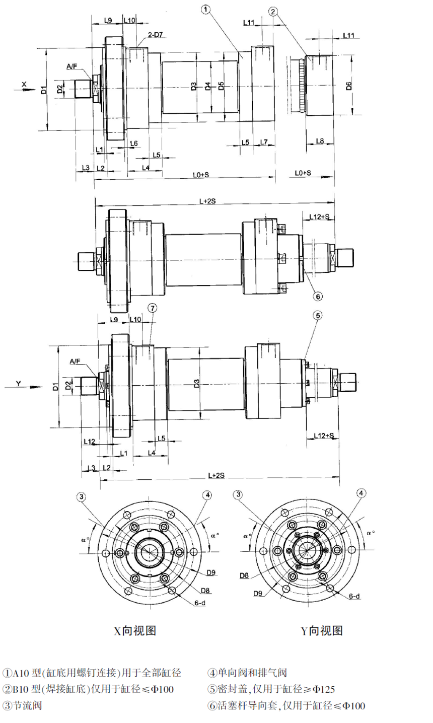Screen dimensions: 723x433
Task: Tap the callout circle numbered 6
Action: (x=318, y=296)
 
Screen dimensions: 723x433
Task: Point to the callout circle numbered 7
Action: (x=153, y=308)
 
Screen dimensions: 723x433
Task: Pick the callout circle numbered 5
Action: (x=318, y=316)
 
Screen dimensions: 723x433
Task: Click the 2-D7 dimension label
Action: (x=155, y=36)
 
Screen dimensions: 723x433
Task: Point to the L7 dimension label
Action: (x=264, y=142)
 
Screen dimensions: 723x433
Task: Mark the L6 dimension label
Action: (x=133, y=143)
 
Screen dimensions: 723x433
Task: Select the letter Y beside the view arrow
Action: (x=19, y=384)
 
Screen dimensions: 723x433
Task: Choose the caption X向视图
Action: (x=135, y=630)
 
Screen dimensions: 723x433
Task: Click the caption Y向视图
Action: (x=322, y=630)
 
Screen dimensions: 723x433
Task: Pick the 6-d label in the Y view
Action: (x=354, y=596)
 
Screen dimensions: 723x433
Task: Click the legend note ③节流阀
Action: (x=22, y=705)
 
